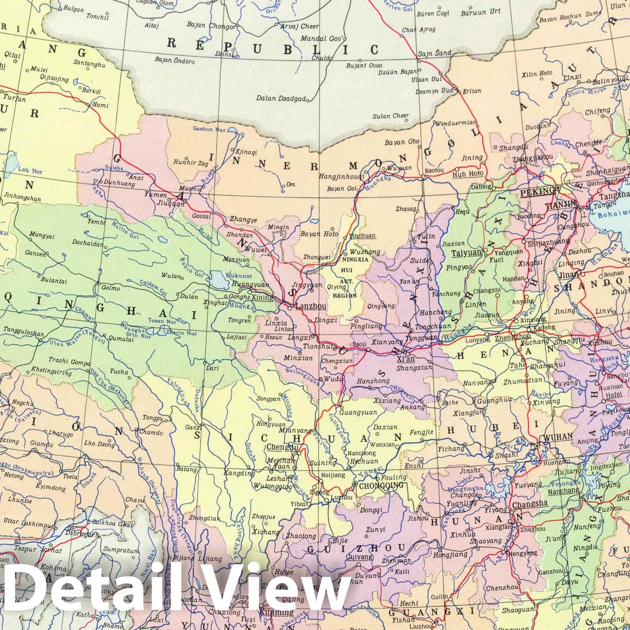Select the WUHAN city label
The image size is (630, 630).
click(558, 437)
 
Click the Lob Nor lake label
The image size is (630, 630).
click(30, 171)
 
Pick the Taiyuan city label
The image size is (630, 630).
click(467, 253)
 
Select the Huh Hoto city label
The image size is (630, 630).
click(468, 173)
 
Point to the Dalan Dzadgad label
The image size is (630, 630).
click(281, 98)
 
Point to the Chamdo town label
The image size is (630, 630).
click(151, 432)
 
